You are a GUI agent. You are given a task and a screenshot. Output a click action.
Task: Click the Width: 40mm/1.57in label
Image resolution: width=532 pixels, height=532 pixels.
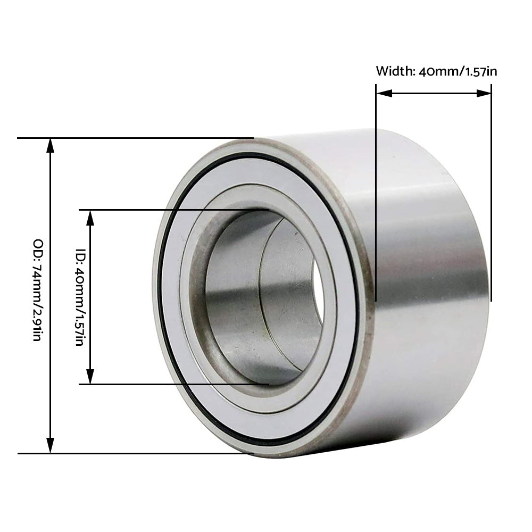pos(436,71)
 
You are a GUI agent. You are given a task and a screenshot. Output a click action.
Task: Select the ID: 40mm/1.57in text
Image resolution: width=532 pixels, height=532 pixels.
pos(80,296)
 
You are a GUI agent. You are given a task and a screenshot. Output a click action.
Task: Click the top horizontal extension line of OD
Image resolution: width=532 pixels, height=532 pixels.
pos(133,138)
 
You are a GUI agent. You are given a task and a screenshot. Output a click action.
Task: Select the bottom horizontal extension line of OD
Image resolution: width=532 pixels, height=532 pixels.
pos(133,453)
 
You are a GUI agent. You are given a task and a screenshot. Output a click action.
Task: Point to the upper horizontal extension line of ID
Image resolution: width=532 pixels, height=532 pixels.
pos(170,210)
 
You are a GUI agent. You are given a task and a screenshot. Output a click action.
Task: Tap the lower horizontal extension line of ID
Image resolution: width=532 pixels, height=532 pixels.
pos(170,384)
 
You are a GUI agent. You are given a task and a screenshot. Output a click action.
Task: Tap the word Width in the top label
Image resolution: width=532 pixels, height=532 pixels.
pos(393,71)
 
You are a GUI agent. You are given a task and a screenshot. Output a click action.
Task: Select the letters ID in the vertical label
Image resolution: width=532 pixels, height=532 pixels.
pos(80,254)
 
